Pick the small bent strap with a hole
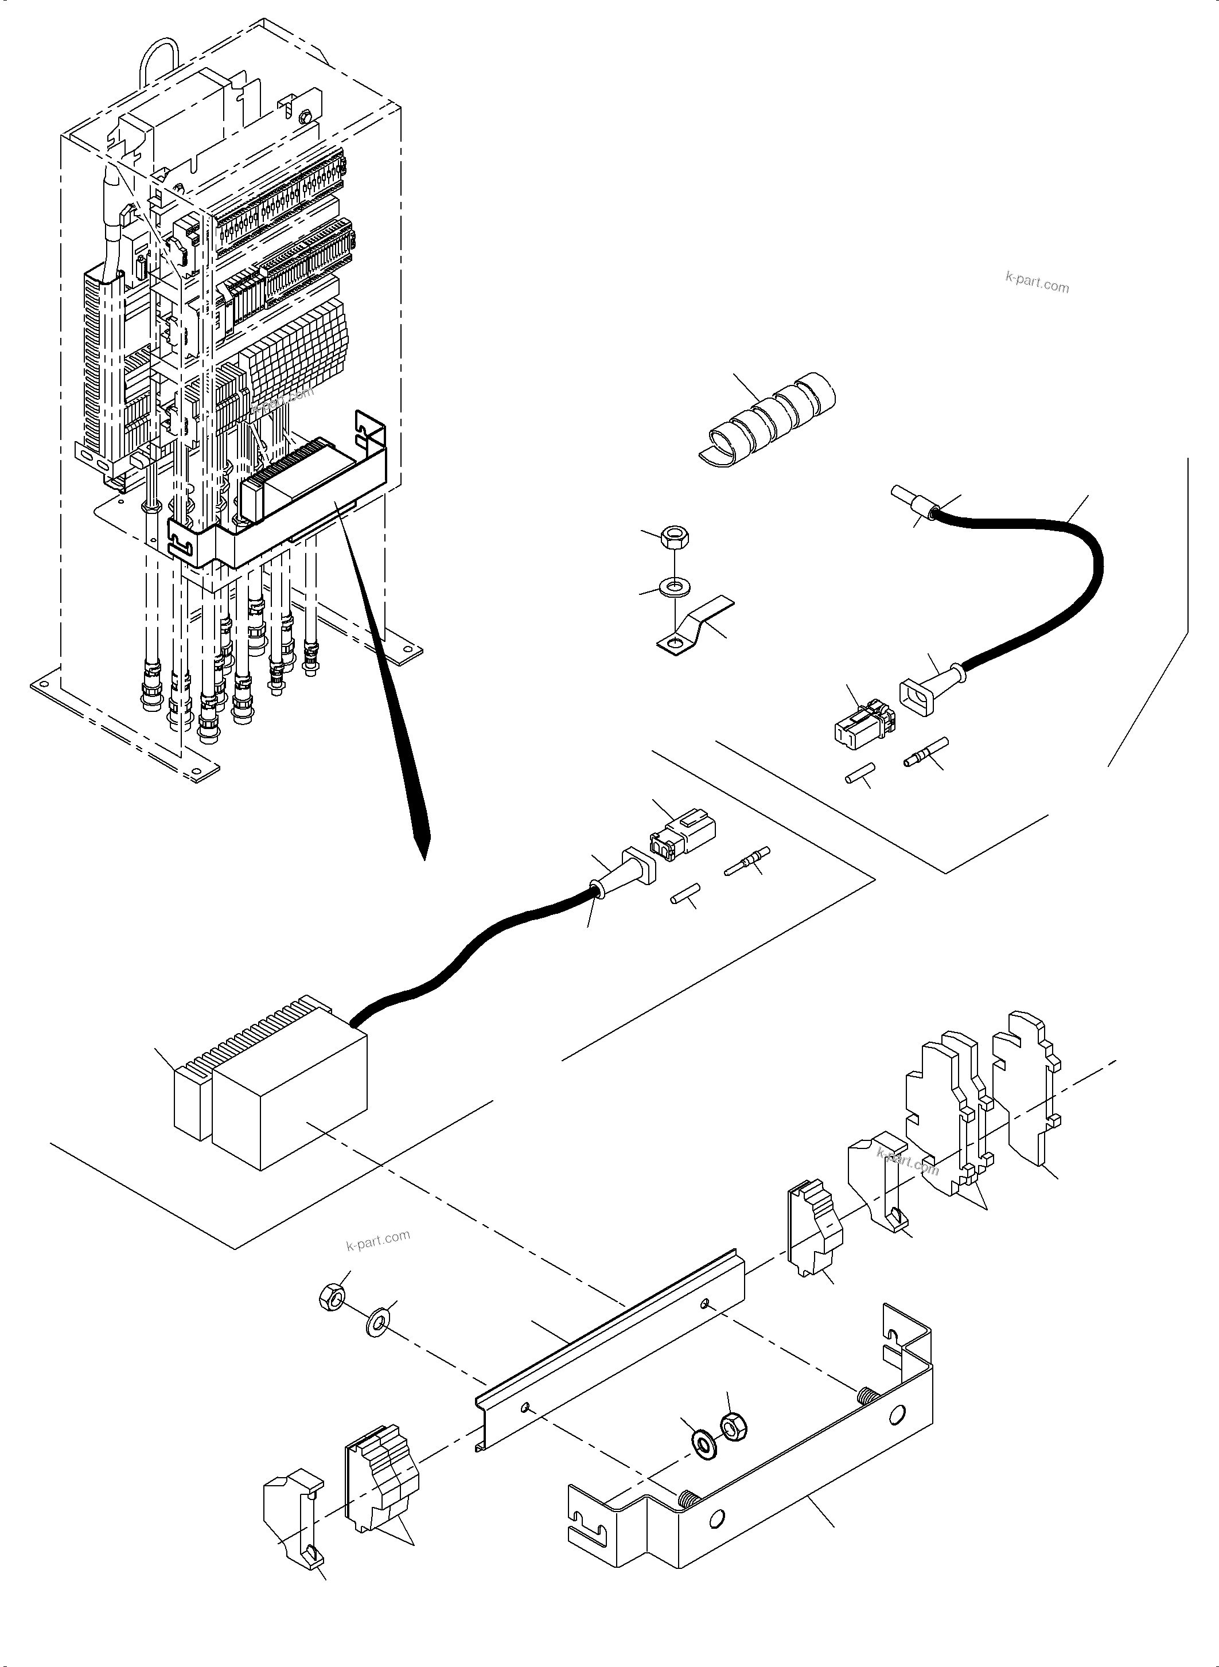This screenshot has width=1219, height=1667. (694, 627)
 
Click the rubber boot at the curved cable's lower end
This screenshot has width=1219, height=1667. (930, 686)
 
